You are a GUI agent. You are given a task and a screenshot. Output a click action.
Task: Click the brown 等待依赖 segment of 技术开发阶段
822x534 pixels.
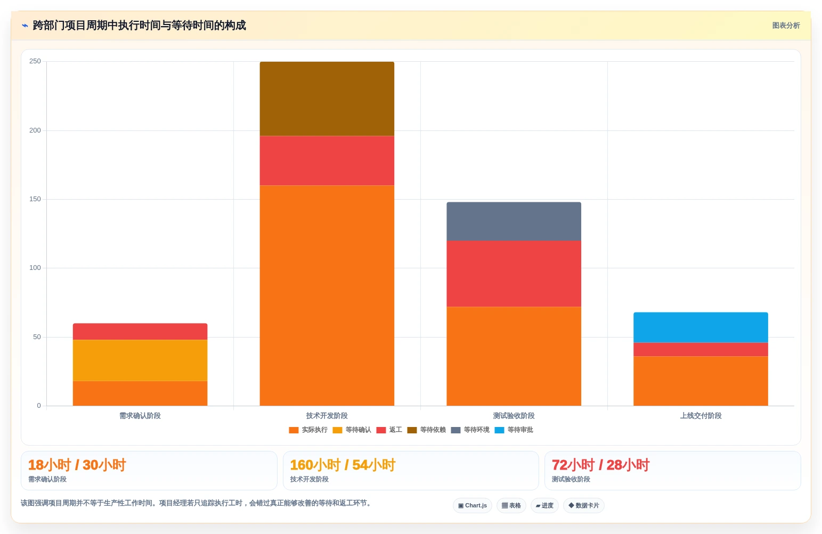pyautogui.click(x=327, y=98)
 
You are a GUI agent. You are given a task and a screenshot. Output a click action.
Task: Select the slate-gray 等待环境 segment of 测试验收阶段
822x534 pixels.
pyautogui.click(x=514, y=221)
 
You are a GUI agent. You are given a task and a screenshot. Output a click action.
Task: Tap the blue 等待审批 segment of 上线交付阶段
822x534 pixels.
pyautogui.click(x=701, y=327)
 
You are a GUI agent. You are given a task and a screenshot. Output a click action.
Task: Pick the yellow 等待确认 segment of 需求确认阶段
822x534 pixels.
pyautogui.click(x=140, y=360)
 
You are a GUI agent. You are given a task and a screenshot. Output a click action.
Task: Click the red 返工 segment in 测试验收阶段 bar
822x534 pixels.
pyautogui.click(x=514, y=274)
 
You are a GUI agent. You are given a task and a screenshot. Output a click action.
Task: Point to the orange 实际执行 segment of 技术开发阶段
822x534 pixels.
pyautogui.click(x=327, y=295)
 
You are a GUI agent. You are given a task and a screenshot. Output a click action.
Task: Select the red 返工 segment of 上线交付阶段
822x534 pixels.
pyautogui.click(x=701, y=349)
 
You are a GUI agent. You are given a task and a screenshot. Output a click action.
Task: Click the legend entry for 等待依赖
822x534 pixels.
pyautogui.click(x=426, y=430)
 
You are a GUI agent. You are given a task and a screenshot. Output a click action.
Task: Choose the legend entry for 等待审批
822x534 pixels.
pyautogui.click(x=514, y=430)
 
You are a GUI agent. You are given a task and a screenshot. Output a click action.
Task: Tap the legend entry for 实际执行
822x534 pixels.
pyautogui.click(x=308, y=430)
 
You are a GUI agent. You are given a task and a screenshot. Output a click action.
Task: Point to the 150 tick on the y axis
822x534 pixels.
pyautogui.click(x=35, y=199)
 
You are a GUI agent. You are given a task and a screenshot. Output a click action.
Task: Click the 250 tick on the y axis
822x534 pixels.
pyautogui.click(x=35, y=61)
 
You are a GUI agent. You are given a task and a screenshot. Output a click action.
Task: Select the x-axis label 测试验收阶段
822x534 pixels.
pyautogui.click(x=514, y=415)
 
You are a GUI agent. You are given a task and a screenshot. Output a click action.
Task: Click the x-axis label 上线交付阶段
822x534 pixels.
pyautogui.click(x=701, y=415)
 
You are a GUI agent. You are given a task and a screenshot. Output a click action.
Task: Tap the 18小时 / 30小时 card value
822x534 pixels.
pyautogui.click(x=77, y=465)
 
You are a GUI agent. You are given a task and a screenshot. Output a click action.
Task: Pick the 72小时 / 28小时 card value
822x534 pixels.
pyautogui.click(x=601, y=465)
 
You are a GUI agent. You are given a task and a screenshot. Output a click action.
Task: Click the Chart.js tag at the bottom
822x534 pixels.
pyautogui.click(x=473, y=505)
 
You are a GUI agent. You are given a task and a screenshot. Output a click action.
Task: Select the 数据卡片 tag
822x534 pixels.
pyautogui.click(x=583, y=505)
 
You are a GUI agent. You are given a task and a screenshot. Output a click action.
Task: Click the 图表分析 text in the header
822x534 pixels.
pyautogui.click(x=786, y=26)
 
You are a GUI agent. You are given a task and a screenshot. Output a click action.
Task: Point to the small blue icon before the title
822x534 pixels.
pyautogui.click(x=25, y=26)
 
